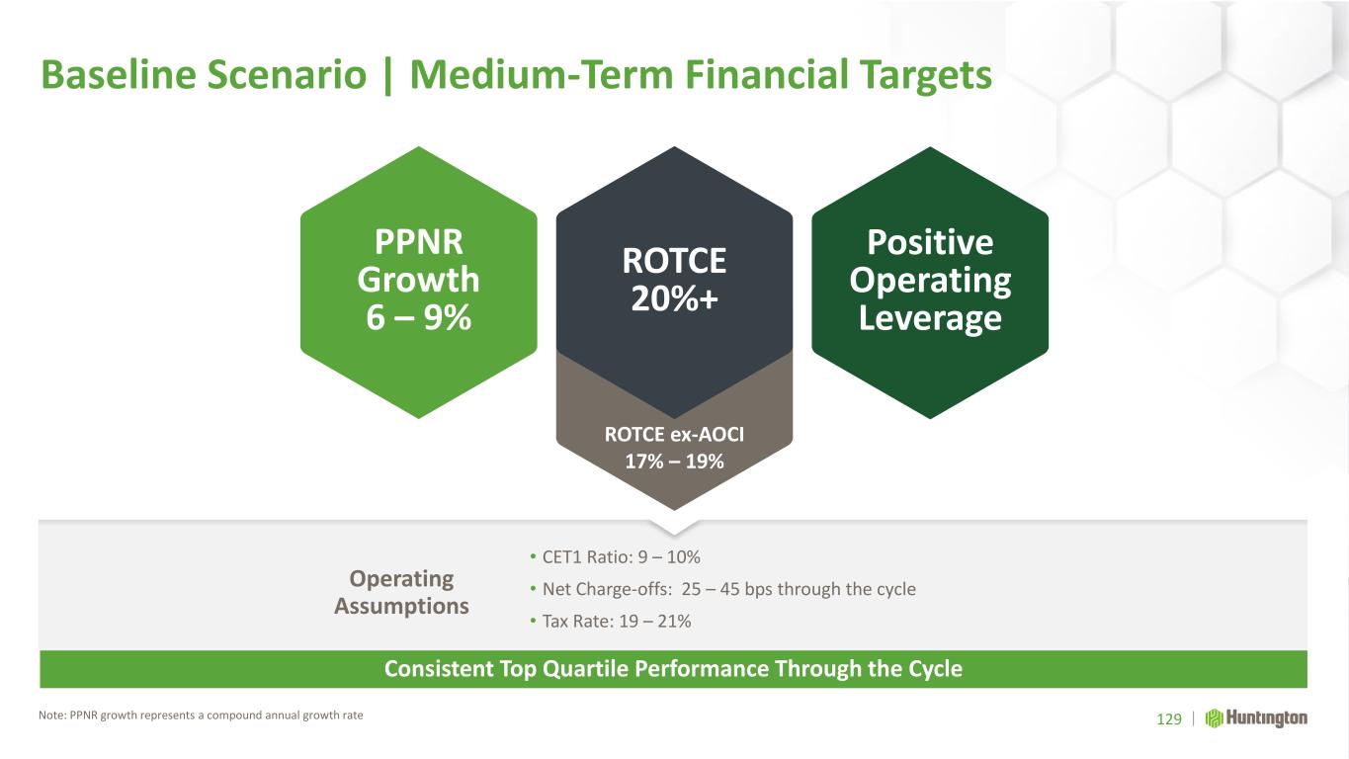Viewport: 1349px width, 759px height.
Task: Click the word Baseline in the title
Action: [x=118, y=75]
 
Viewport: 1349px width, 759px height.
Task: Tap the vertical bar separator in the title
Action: [x=387, y=76]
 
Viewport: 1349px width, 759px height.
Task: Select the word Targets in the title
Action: [x=925, y=76]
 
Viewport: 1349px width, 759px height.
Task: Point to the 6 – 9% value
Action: [x=419, y=317]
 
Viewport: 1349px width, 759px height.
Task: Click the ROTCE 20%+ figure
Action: [x=674, y=280]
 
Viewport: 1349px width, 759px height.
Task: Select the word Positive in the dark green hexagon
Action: [x=930, y=242]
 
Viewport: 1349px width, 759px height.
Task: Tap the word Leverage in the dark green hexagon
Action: [x=930, y=318]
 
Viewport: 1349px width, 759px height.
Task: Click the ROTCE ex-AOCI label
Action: [x=674, y=434]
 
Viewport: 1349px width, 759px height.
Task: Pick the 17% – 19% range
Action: [x=674, y=462]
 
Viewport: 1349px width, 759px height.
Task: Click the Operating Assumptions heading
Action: [x=401, y=592]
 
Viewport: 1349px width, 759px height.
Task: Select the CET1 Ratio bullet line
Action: [x=615, y=556]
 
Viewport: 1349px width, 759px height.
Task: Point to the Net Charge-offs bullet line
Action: [x=722, y=589]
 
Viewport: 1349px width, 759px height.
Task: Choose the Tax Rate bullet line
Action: [x=610, y=621]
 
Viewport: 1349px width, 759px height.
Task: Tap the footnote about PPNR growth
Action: [x=201, y=716]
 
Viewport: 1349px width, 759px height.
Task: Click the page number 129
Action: [x=1169, y=718]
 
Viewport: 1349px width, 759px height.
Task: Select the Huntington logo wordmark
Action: [x=1267, y=718]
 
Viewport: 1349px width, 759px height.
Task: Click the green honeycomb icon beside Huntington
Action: [x=1214, y=718]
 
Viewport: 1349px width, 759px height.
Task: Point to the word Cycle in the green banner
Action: [x=935, y=669]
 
